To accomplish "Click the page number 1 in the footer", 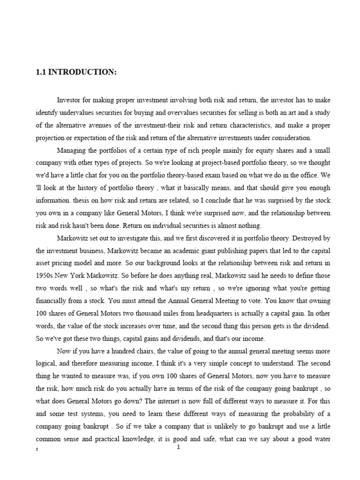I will (x=179, y=448).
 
